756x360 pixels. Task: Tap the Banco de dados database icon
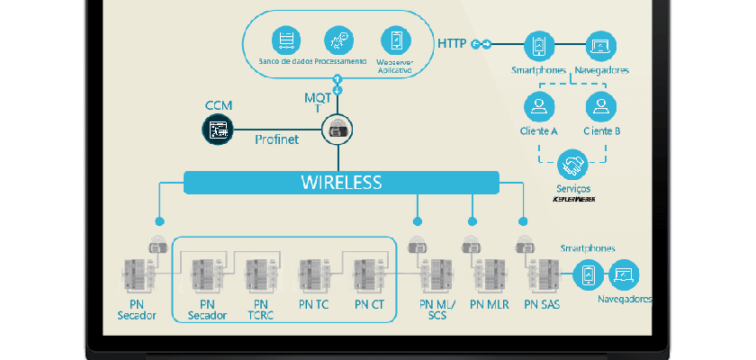click(x=287, y=40)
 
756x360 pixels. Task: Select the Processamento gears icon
click(x=339, y=40)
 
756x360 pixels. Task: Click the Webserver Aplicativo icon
click(x=393, y=40)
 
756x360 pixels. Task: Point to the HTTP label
click(x=452, y=43)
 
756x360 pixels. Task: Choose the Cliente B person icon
click(x=601, y=106)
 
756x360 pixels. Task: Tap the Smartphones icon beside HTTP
click(x=540, y=46)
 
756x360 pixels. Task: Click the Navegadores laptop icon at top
click(x=601, y=46)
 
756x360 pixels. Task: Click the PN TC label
click(x=314, y=304)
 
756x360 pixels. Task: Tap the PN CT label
click(x=370, y=304)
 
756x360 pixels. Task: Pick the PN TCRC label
click(x=262, y=310)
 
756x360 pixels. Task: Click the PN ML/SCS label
click(x=438, y=310)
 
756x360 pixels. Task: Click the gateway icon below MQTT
click(x=338, y=130)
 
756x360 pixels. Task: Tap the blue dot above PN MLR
click(x=472, y=220)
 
